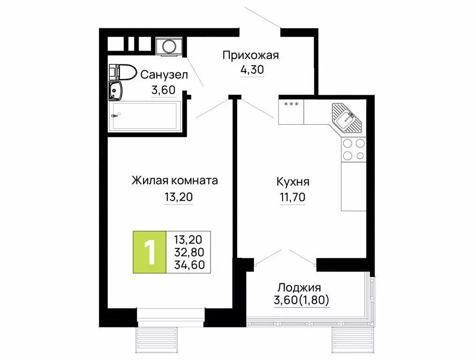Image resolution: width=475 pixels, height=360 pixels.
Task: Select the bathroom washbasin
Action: point(115,91)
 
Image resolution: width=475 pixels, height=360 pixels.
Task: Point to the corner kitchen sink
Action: point(347,117)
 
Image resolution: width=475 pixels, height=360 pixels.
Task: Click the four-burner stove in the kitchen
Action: point(353,150)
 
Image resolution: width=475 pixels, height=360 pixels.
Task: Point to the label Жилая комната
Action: point(175,180)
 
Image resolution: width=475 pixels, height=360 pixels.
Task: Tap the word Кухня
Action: point(293,181)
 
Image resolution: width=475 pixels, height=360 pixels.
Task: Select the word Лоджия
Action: point(299,287)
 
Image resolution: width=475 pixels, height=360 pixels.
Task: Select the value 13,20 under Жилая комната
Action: point(178,197)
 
